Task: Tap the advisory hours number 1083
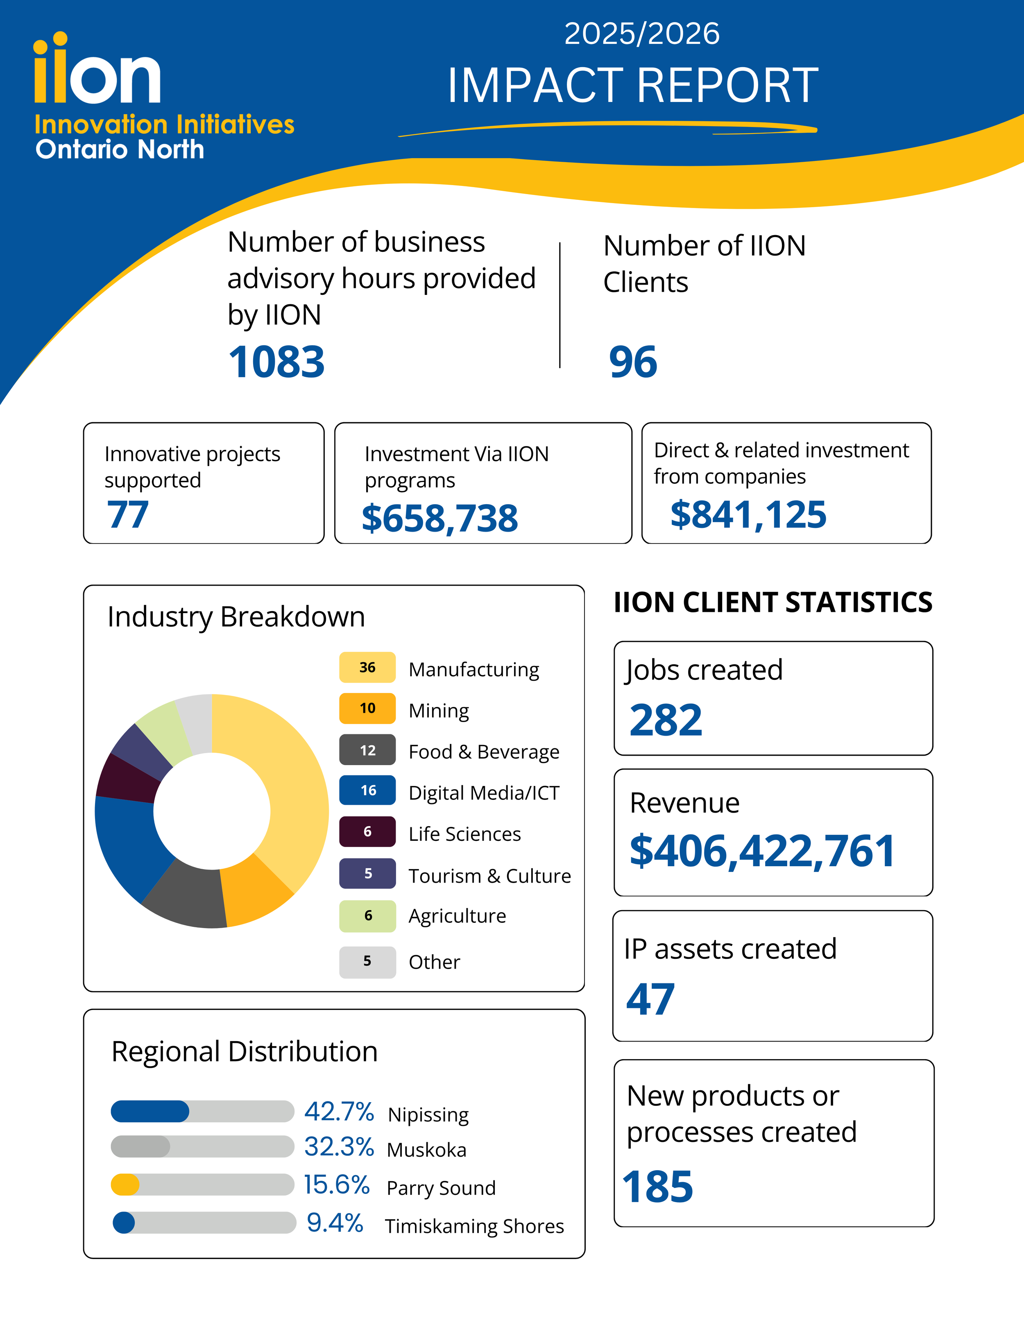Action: coord(276,362)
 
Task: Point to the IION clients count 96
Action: coord(633,362)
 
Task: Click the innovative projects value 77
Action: coord(127,514)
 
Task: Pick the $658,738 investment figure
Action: coord(440,519)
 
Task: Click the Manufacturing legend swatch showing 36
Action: coord(368,667)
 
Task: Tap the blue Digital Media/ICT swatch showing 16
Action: coord(368,790)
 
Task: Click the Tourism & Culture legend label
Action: coord(489,876)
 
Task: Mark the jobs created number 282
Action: coord(666,721)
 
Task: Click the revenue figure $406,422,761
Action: coord(762,851)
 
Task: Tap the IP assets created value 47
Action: coord(650,999)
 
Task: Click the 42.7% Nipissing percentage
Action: coord(339,1112)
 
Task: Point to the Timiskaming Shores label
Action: coord(474,1226)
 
